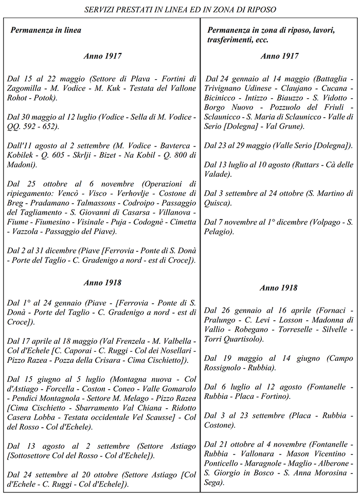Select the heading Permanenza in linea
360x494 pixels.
46,30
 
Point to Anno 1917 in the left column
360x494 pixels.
102,56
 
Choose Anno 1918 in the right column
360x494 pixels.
278,288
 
